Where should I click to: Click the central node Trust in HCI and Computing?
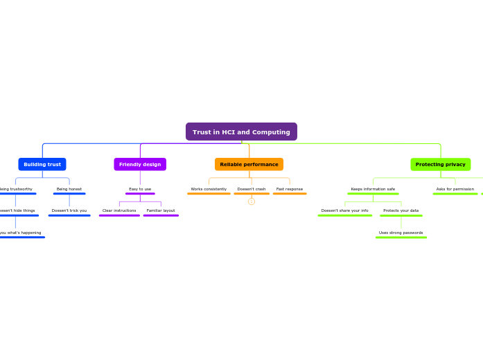pyautogui.click(x=241, y=132)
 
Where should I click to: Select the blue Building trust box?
pyautogui.click(x=42, y=164)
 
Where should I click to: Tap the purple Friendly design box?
pyautogui.click(x=140, y=164)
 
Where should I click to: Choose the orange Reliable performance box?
pyautogui.click(x=249, y=164)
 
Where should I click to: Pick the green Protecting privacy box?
pyautogui.click(x=440, y=164)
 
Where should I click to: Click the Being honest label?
pyautogui.click(x=69, y=189)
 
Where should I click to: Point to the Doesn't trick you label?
pyautogui.click(x=69, y=210)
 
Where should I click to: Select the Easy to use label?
pyautogui.click(x=140, y=189)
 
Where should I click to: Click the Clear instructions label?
pyautogui.click(x=119, y=210)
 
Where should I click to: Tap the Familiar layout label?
pyautogui.click(x=161, y=210)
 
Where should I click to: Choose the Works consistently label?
pyautogui.click(x=209, y=189)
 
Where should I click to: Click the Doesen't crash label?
pyautogui.click(x=252, y=189)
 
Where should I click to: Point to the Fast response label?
pyautogui.click(x=290, y=189)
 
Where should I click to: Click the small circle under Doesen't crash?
pyautogui.click(x=252, y=201)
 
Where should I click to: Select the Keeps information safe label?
pyautogui.click(x=373, y=189)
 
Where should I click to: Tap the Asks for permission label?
pyautogui.click(x=455, y=189)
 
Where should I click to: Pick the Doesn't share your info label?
pyautogui.click(x=345, y=210)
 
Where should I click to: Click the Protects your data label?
pyautogui.click(x=401, y=210)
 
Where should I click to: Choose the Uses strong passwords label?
pyautogui.click(x=401, y=233)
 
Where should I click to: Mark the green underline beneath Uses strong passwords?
pyautogui.click(x=401, y=237)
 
